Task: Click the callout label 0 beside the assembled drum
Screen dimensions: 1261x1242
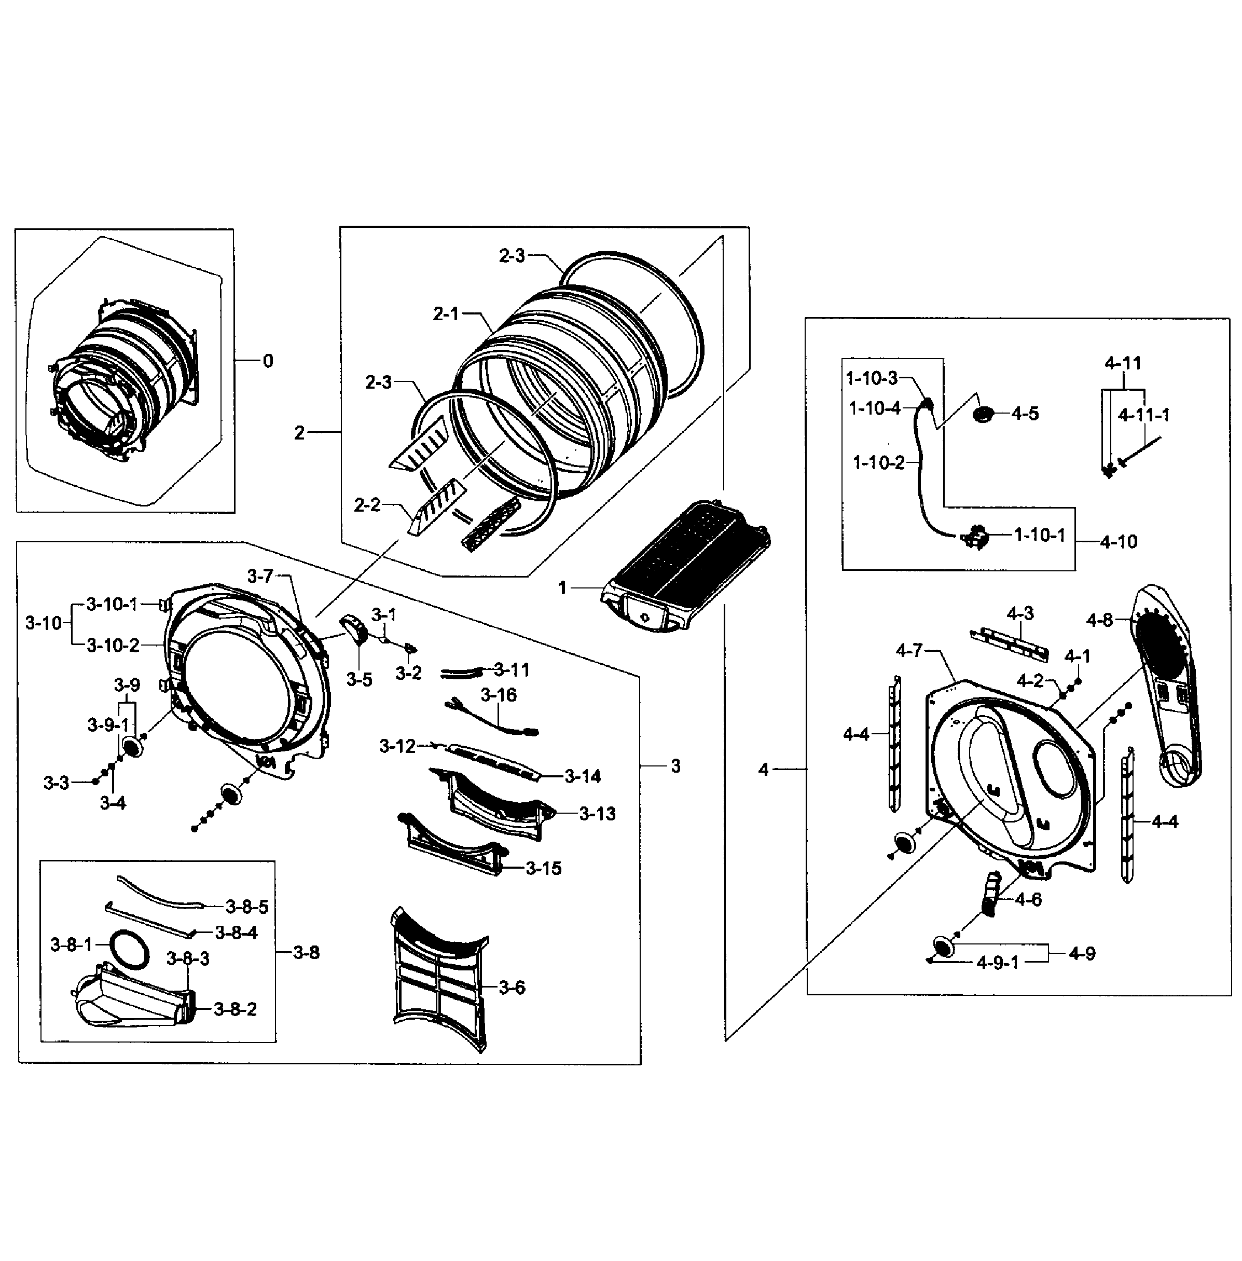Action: pos(268,361)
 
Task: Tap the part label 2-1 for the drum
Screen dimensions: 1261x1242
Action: pos(446,314)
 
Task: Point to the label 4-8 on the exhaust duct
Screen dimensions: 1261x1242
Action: pos(1099,620)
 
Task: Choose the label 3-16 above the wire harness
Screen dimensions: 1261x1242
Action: pos(499,695)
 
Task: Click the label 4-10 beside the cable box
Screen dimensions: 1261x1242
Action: pos(1118,541)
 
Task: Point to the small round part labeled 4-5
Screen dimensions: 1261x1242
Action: pos(983,414)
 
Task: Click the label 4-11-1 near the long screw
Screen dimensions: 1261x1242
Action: pos(1143,415)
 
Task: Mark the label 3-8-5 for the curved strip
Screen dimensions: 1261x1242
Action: pos(246,907)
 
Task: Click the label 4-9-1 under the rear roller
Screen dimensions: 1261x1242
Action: pos(997,963)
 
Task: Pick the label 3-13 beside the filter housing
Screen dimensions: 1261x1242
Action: pos(597,814)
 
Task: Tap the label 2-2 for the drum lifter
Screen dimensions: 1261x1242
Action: pos(367,505)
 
